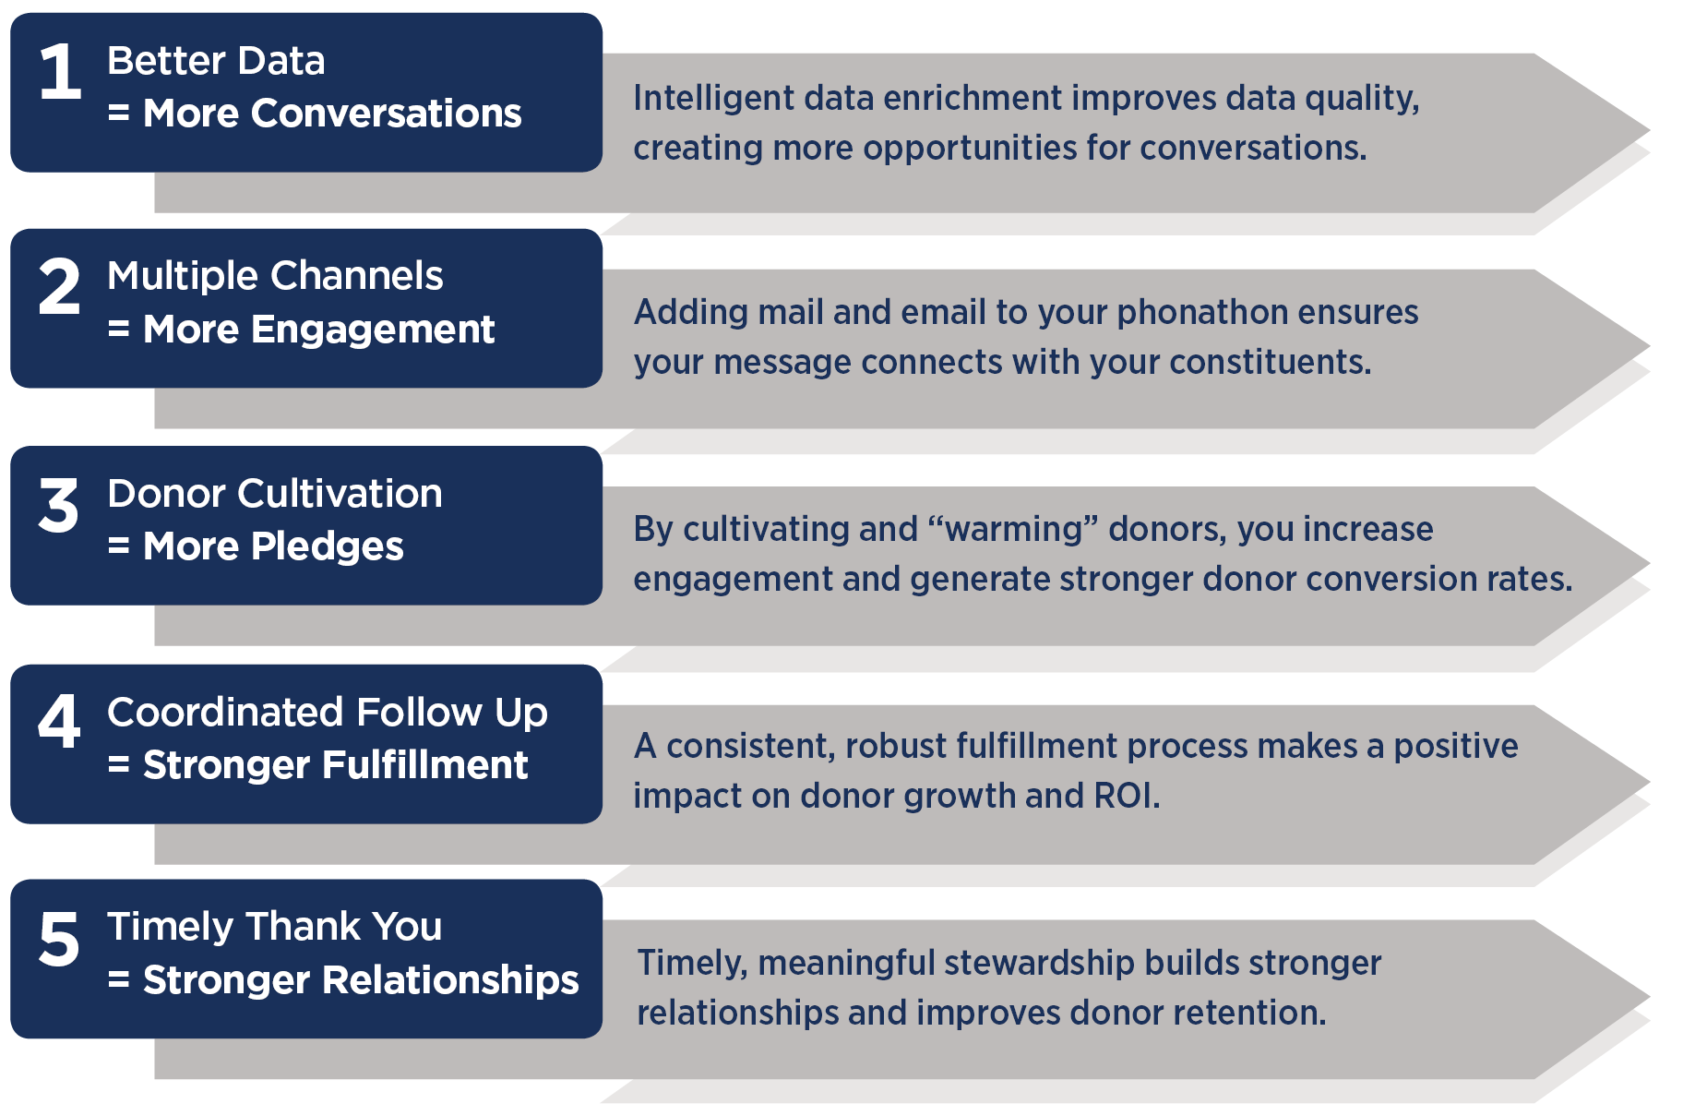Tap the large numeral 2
point(60,286)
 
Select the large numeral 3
point(59,505)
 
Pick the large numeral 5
point(59,939)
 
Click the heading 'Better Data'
point(216,61)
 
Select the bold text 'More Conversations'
point(332,114)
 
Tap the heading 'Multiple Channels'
point(275,276)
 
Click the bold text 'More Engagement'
point(318,330)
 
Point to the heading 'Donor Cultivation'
point(275,494)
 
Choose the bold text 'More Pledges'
point(273,546)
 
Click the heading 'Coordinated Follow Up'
point(328,713)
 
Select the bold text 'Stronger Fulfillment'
point(335,765)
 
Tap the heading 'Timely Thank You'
point(275,927)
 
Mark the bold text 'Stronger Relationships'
point(361,980)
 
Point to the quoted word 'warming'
point(1013,530)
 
